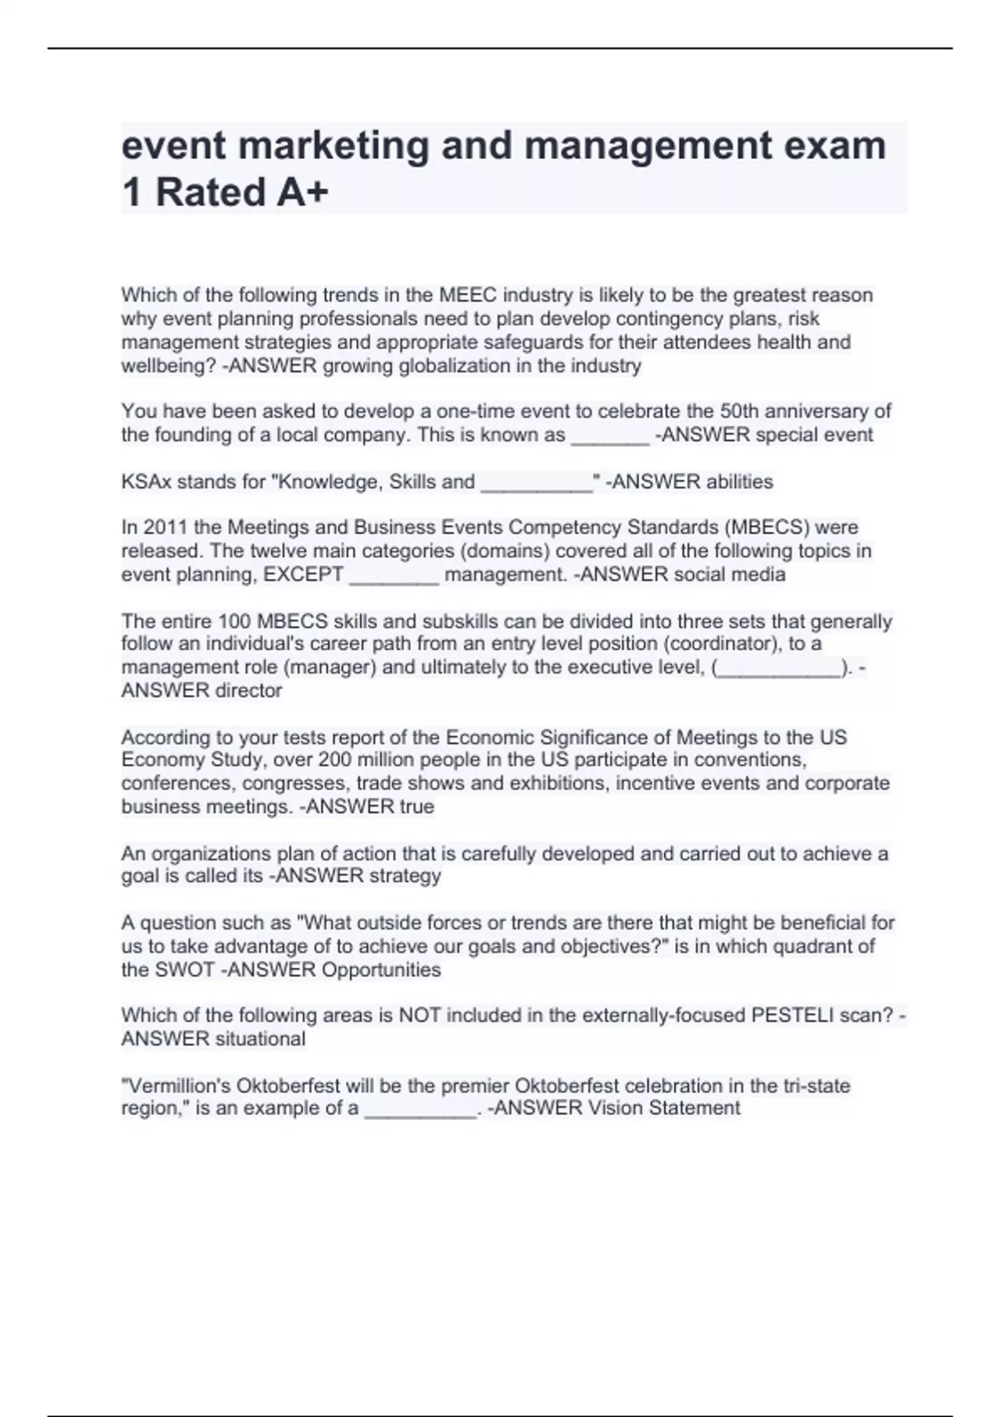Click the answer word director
(x=249, y=690)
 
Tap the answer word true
(x=417, y=807)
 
